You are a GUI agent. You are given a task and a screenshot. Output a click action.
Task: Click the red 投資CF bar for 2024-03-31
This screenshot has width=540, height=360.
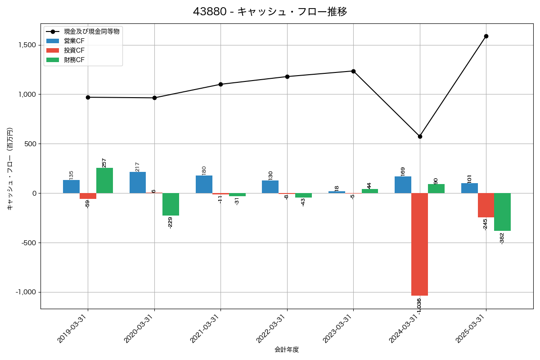(419, 244)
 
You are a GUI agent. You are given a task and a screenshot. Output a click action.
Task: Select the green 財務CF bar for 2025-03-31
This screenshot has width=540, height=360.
(502, 212)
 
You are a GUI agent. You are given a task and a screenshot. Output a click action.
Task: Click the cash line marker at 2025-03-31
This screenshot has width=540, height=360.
(486, 36)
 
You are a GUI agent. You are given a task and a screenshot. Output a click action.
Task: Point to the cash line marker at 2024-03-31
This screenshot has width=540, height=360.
(420, 136)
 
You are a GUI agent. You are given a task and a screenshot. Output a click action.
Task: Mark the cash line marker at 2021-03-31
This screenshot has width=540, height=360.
(220, 84)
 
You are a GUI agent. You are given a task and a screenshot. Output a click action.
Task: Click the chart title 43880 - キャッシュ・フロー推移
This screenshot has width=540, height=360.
(270, 12)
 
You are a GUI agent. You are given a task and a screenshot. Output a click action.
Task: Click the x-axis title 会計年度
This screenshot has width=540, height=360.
(287, 350)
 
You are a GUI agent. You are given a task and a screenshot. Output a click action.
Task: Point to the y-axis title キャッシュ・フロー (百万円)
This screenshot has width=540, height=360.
(10, 169)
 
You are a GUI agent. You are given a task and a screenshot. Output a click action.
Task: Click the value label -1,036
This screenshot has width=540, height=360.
(419, 306)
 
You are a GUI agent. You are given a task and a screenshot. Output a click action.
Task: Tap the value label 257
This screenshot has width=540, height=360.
(104, 162)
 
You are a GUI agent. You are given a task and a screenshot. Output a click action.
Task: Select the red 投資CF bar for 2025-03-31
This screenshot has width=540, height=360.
(486, 205)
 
